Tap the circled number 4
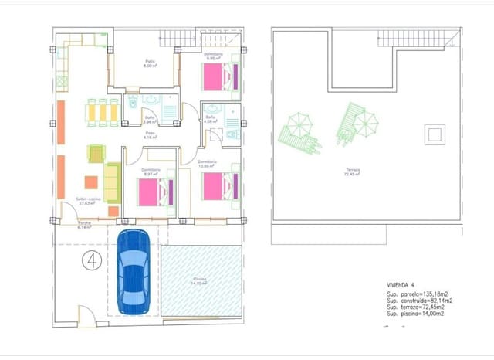[x=93, y=260]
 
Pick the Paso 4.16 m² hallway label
[x=151, y=135]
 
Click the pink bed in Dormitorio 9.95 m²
[x=216, y=77]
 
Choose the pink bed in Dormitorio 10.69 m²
[x=216, y=188]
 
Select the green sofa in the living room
[x=112, y=183]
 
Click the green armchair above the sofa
[x=96, y=153]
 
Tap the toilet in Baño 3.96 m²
[x=133, y=102]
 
